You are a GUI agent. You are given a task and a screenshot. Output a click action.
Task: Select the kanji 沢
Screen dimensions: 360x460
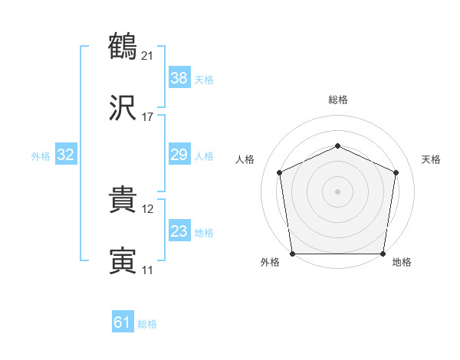pos(123,110)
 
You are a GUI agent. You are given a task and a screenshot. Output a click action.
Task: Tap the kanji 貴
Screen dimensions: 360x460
pos(123,201)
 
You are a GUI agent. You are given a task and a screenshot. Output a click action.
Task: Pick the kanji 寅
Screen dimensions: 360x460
pos(123,262)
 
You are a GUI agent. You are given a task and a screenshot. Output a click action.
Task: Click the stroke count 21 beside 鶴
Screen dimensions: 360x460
pos(148,55)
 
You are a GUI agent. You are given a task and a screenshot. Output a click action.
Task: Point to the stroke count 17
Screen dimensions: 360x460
pos(148,117)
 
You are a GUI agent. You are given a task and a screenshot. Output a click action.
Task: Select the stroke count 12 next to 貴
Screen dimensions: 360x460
pos(148,208)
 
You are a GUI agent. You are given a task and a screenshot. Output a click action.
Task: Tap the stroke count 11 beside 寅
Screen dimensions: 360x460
pos(148,270)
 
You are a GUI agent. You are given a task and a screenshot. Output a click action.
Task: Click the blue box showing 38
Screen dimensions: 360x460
pos(179,77)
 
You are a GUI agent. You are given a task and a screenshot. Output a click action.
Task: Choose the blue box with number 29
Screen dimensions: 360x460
pos(179,155)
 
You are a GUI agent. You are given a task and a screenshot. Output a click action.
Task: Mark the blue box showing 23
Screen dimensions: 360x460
pos(179,231)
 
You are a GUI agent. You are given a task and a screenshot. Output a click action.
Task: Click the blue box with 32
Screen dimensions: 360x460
pos(66,155)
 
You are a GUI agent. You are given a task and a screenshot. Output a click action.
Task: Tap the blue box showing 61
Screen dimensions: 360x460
pos(123,322)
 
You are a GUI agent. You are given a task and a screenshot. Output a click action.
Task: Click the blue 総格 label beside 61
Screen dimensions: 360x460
pos(147,324)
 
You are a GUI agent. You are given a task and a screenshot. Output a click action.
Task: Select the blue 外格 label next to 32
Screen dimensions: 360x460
pos(41,156)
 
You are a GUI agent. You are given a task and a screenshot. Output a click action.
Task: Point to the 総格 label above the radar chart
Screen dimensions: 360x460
pos(338,100)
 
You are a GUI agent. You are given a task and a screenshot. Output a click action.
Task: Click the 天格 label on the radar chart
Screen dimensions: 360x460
pos(431,159)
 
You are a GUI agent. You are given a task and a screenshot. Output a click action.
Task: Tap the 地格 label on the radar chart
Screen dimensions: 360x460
pos(402,263)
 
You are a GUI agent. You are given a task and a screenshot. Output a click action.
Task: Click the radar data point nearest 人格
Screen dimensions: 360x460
pos(280,172)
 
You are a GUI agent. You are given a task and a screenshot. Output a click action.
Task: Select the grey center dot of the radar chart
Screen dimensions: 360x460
pos(338,191)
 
